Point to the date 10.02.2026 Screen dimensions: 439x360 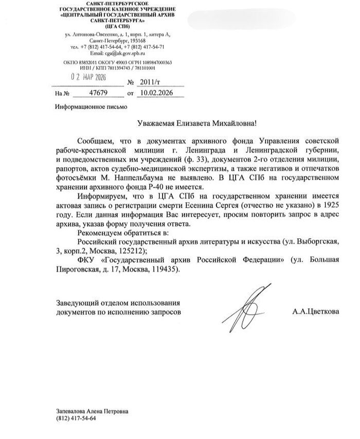pos(156,93)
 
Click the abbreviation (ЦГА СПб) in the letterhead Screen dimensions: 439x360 pos(117,26)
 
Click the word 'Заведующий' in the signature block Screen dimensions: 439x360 pos(75,302)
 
